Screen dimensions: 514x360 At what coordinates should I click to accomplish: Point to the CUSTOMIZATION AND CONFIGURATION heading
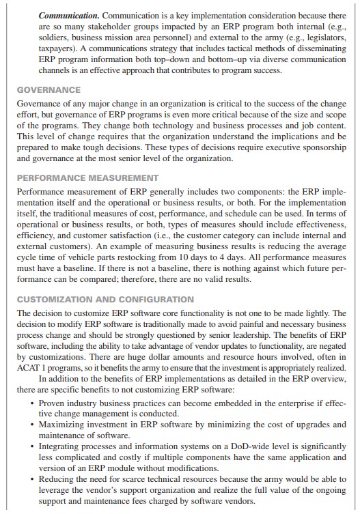(105, 299)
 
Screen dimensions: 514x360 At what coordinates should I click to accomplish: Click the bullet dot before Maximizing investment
(33, 424)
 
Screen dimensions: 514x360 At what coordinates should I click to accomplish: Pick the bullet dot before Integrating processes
(33, 446)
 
